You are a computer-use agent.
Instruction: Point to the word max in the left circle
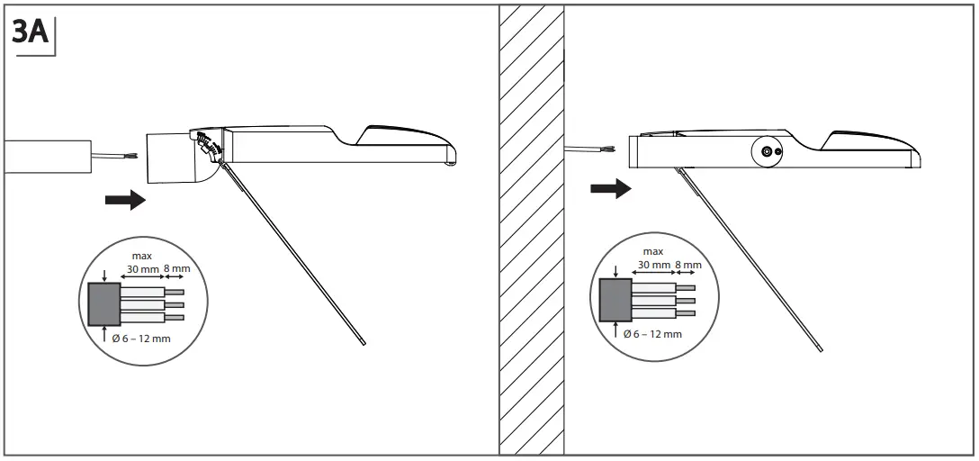pyautogui.click(x=142, y=256)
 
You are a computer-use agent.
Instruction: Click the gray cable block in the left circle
pyautogui.click(x=104, y=303)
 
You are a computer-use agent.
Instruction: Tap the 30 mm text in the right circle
pyautogui.click(x=655, y=265)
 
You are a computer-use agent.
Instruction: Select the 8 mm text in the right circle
pyautogui.click(x=687, y=265)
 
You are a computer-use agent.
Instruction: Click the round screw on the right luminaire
pyautogui.click(x=767, y=154)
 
